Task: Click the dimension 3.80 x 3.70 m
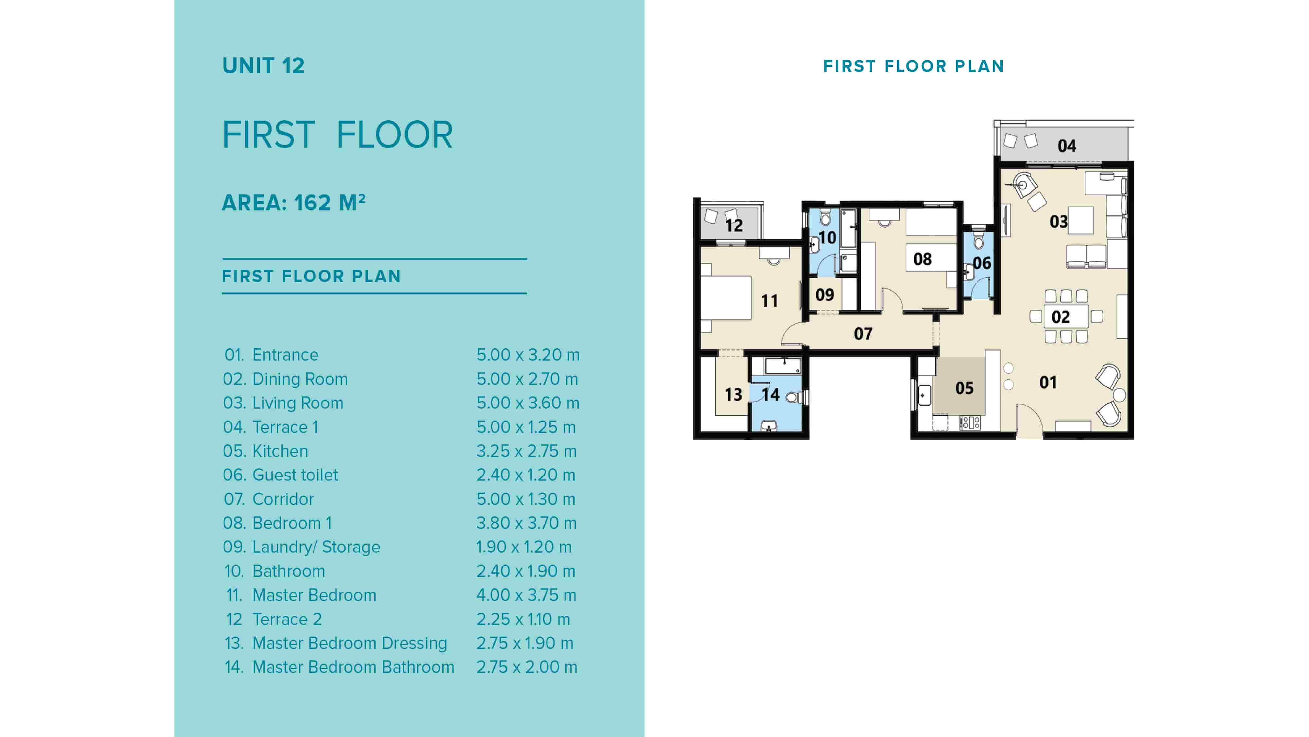[x=527, y=523]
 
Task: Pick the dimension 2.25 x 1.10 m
[x=523, y=619]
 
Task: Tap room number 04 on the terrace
[x=1067, y=146]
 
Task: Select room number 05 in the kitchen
[x=964, y=388]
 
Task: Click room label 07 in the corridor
[x=863, y=334]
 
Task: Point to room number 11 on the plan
[x=769, y=301]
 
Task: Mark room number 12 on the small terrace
[x=734, y=225]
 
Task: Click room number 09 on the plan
[x=824, y=295]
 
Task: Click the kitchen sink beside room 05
[x=924, y=395]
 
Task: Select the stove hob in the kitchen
[x=970, y=422]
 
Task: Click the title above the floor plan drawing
[x=913, y=66]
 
